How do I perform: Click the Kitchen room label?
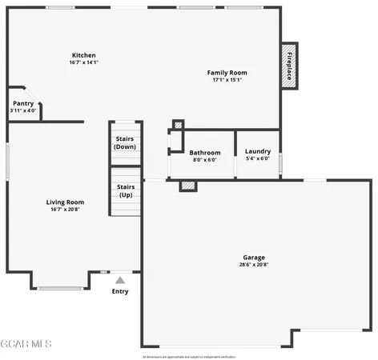point(82,55)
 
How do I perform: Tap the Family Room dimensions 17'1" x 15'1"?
point(227,80)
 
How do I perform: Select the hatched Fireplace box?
point(289,66)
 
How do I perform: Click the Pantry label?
point(23,103)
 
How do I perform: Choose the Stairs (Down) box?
point(126,142)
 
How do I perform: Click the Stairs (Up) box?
point(126,191)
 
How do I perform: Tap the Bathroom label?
point(205,152)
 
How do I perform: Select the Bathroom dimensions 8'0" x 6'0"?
point(205,160)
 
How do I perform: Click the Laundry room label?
point(258,151)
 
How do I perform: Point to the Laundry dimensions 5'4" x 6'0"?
point(258,158)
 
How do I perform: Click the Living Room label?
point(65,202)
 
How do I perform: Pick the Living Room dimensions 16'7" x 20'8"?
point(65,210)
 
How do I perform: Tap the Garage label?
point(254,258)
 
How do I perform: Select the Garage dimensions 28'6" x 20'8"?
point(254,266)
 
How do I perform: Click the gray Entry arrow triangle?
point(120,280)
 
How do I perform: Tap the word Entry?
point(120,291)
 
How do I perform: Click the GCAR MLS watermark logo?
point(26,344)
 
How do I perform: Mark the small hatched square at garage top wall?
point(187,186)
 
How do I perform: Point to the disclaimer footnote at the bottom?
point(189,356)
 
